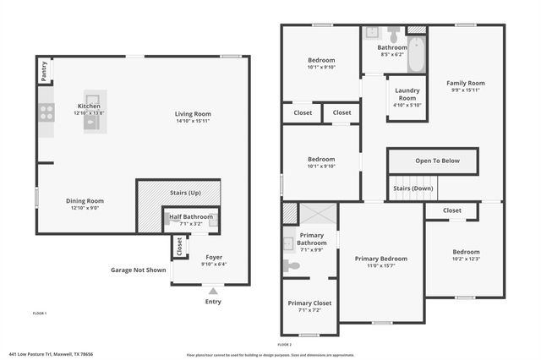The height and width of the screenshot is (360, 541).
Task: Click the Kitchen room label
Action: pos(89,106)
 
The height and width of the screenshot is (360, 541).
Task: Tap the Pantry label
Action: pos(43,74)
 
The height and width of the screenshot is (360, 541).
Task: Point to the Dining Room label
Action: pos(85,200)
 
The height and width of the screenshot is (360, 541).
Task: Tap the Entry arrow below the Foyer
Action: pos(212,291)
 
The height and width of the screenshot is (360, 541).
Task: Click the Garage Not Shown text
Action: pos(138,270)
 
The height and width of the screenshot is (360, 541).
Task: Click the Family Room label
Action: pos(466,83)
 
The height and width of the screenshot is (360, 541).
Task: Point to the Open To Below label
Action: pos(437,161)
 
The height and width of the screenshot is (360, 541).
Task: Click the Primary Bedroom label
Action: pos(380,259)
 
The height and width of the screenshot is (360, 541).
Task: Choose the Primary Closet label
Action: pos(309,303)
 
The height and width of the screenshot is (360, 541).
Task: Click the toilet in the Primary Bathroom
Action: pos(292,265)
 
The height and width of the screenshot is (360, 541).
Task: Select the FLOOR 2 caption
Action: pos(285,344)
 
